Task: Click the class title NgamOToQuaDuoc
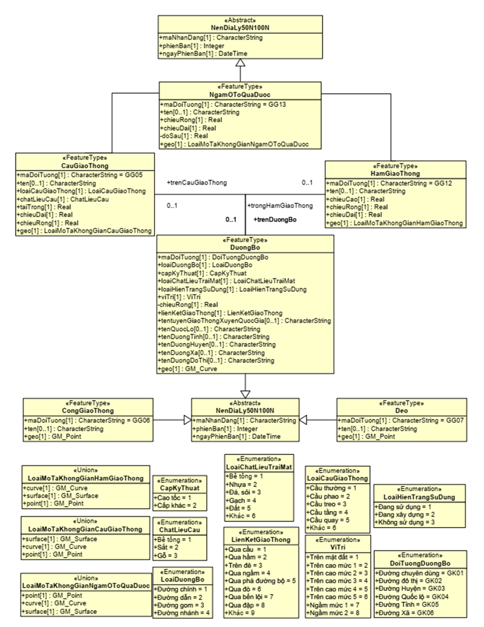(x=240, y=94)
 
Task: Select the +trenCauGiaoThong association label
(x=197, y=182)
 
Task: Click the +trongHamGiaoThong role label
(x=281, y=205)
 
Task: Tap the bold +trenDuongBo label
(x=275, y=220)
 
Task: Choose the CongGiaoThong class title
(x=88, y=411)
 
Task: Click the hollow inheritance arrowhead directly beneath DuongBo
(x=245, y=383)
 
